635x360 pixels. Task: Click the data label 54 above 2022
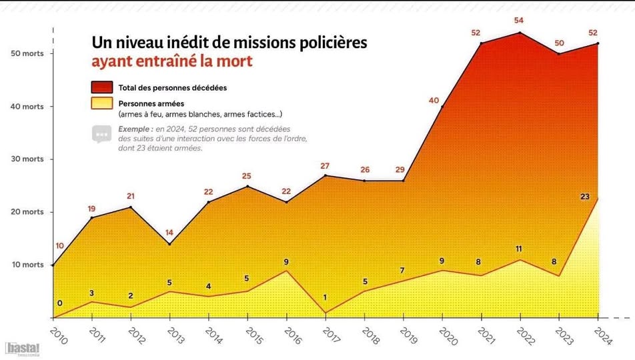click(x=519, y=21)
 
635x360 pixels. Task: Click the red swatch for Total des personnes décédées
click(x=102, y=87)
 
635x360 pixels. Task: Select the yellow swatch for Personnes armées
click(x=102, y=103)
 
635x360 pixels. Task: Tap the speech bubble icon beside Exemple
click(x=101, y=133)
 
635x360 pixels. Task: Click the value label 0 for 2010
click(x=59, y=304)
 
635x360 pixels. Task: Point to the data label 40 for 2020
click(x=434, y=101)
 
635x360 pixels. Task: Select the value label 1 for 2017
click(x=326, y=298)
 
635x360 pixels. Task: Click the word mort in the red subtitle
click(x=239, y=61)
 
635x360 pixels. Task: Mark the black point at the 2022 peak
click(x=520, y=33)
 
